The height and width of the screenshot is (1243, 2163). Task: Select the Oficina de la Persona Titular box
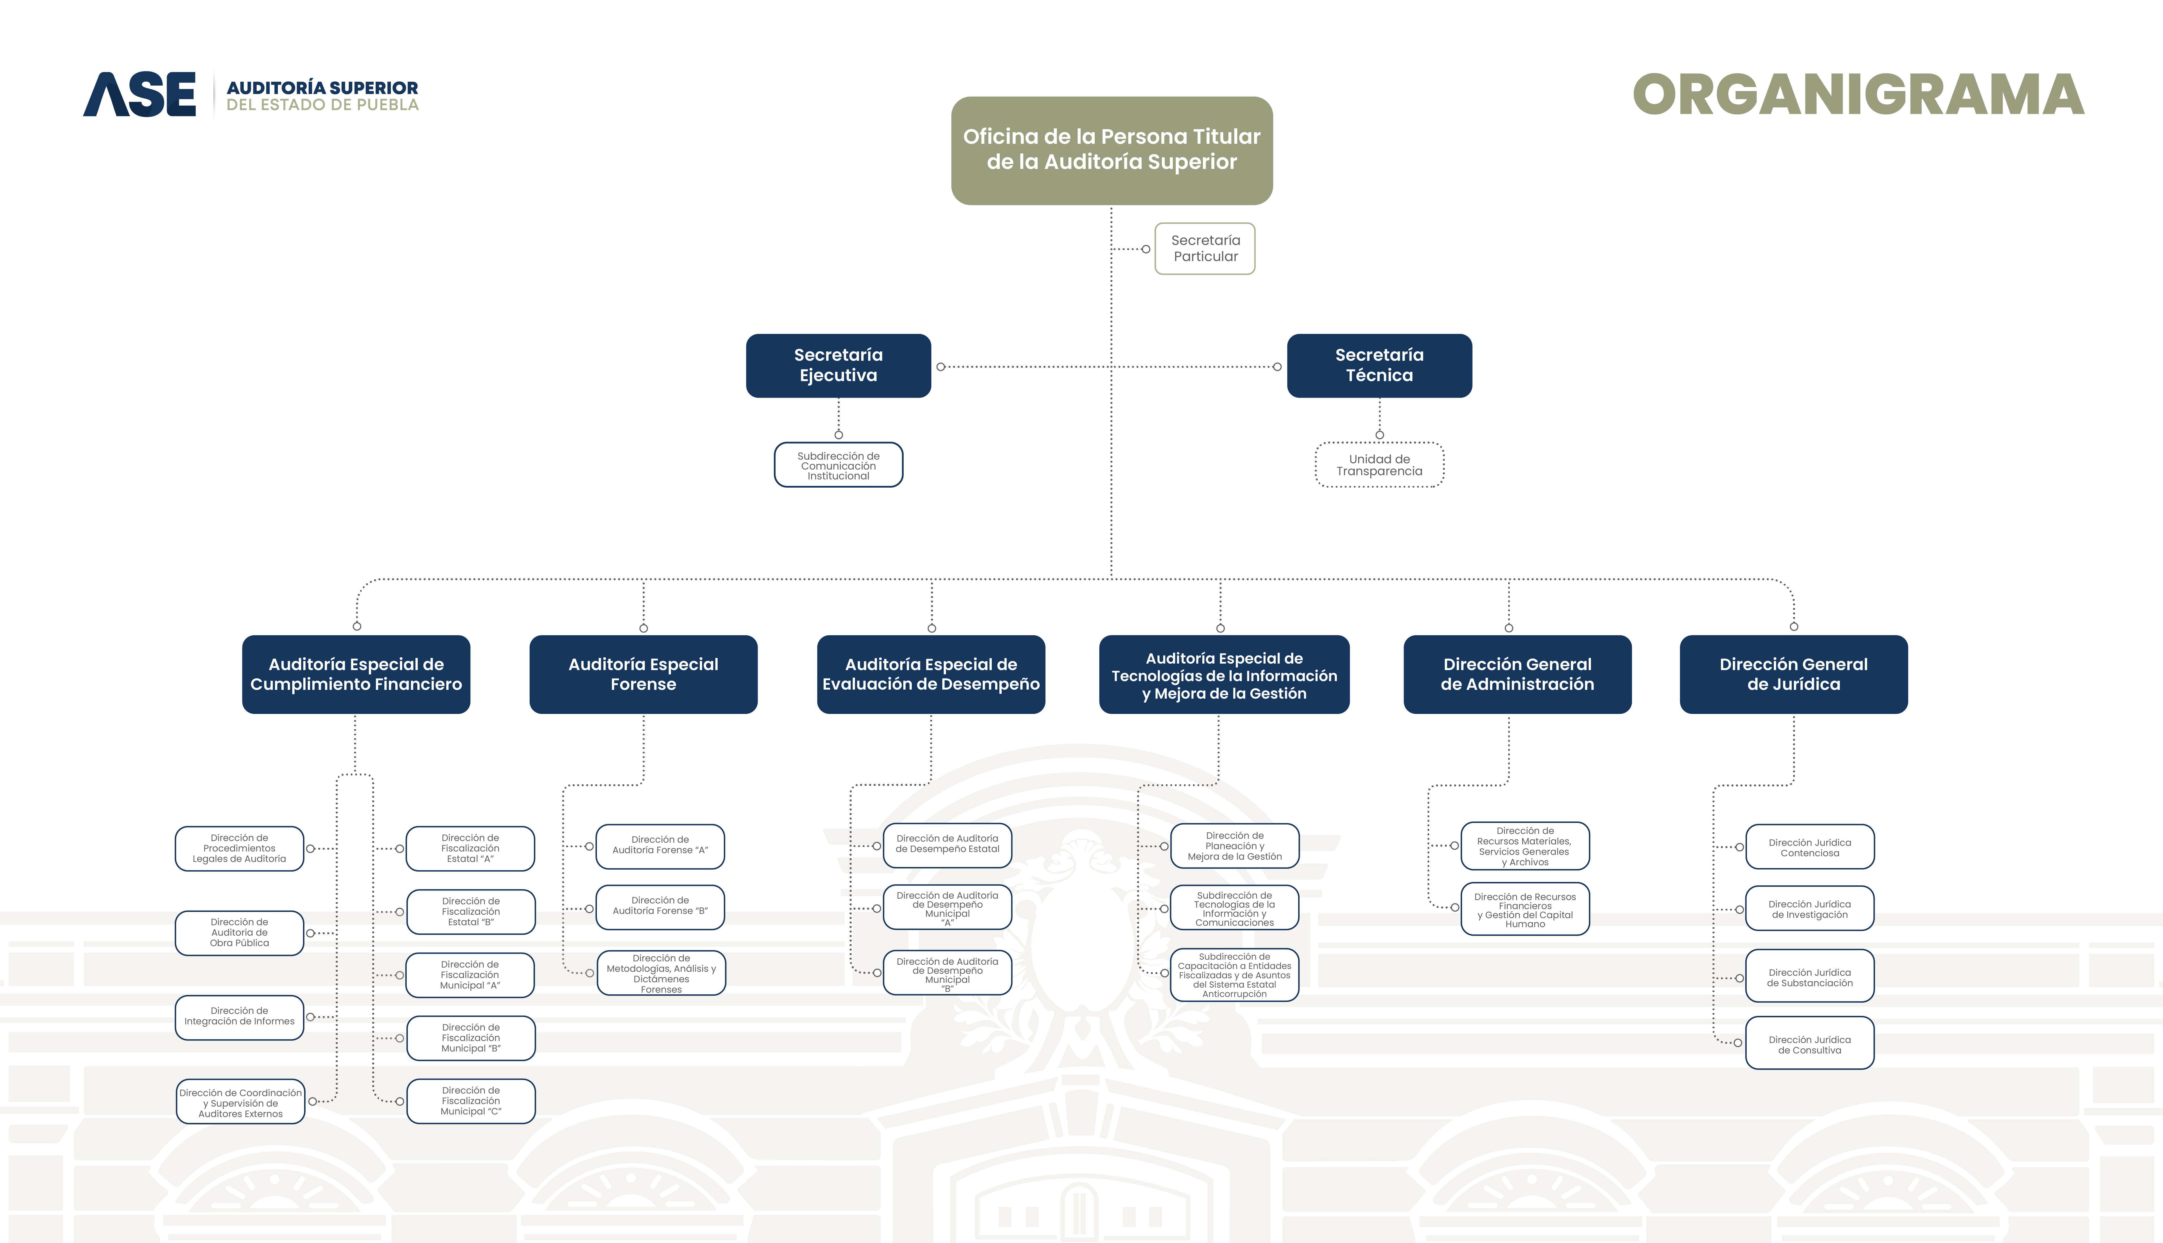click(1111, 150)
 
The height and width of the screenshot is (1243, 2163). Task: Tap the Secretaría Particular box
click(1204, 248)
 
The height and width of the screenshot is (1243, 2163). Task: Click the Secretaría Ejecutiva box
click(838, 365)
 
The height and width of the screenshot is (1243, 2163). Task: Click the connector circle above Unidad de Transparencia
click(1379, 434)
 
